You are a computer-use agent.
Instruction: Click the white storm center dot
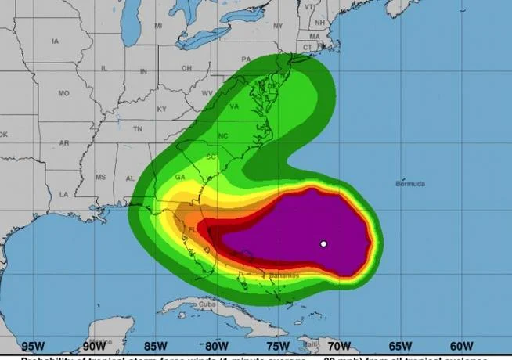pos(323,244)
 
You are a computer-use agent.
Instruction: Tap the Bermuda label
pos(410,184)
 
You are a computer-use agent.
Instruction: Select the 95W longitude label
pos(33,345)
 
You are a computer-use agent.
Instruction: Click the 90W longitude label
pos(94,345)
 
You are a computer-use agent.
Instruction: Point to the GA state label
pos(180,177)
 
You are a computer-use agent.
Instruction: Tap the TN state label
pos(137,128)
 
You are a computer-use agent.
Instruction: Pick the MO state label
pos(63,93)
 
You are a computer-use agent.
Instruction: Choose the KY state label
pos(162,109)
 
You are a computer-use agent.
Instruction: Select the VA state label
pos(234,106)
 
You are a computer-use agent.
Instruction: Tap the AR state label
pos(64,143)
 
